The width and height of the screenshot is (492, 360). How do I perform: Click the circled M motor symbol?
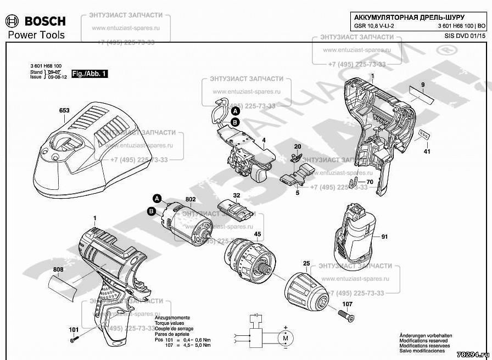(x=285, y=339)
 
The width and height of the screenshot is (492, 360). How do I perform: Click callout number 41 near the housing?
(x=427, y=151)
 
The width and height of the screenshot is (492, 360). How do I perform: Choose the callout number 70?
(x=370, y=182)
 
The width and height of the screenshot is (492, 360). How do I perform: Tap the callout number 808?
(x=59, y=270)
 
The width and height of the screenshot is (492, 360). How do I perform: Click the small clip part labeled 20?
(x=297, y=156)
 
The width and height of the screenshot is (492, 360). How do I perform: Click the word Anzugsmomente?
(x=173, y=318)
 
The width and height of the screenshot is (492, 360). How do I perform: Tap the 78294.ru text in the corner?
(x=473, y=355)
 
